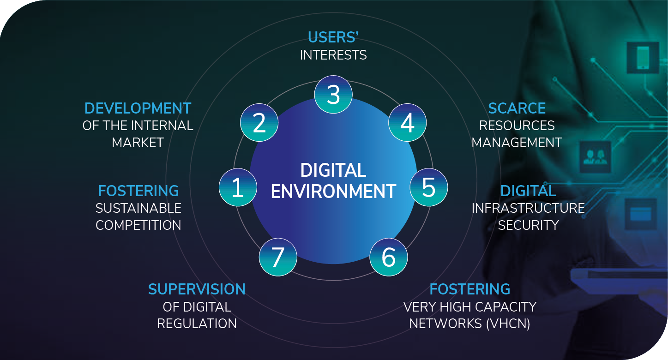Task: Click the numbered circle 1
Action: click(237, 187)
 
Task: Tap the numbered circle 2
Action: click(259, 123)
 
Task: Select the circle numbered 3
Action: click(333, 94)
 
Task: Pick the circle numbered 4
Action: click(407, 123)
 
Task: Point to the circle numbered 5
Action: click(428, 187)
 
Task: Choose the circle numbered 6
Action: click(389, 257)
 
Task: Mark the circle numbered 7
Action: click(277, 257)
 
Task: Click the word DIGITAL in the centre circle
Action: click(333, 170)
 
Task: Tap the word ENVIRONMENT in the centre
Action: click(333, 191)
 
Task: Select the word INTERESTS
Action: click(333, 55)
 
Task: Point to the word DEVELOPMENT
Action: click(138, 108)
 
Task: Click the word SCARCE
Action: click(517, 108)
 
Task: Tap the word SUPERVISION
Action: click(197, 289)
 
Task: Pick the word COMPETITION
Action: click(138, 225)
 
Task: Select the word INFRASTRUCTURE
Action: click(528, 208)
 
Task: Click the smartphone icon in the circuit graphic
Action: click(643, 58)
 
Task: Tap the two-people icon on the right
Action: click(595, 157)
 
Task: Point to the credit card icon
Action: click(640, 214)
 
